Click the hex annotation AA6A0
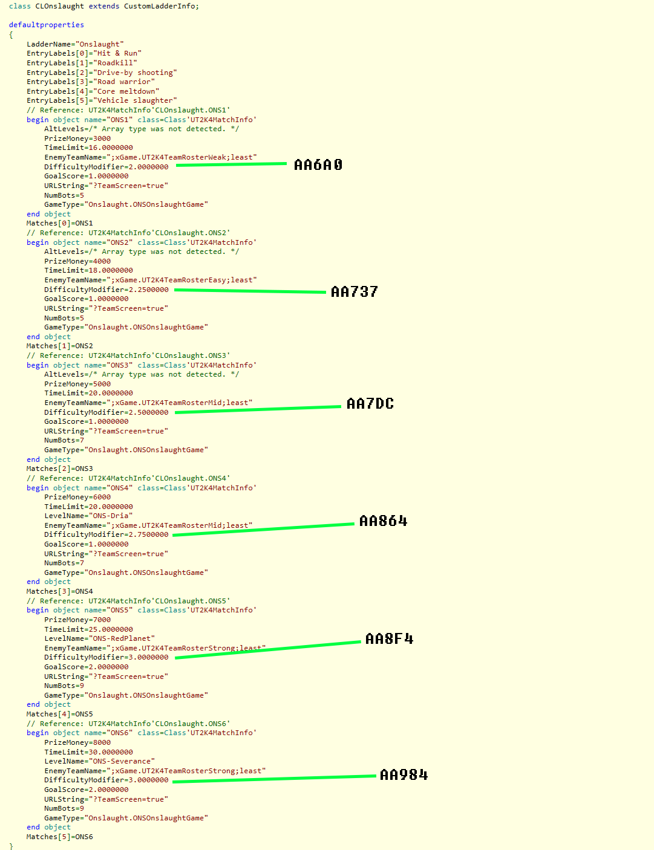[318, 164]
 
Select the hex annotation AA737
[354, 292]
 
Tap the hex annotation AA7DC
[370, 404]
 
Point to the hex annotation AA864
[383, 521]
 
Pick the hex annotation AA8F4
[389, 639]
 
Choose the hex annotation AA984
[404, 775]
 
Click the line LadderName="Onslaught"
[75, 44]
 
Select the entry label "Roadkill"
[117, 63]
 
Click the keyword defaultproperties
[47, 25]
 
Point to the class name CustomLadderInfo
[160, 6]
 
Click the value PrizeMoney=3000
[77, 138]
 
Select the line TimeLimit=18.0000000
[88, 270]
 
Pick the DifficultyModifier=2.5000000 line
[106, 412]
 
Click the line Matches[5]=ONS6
[60, 837]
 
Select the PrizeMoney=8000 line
[77, 742]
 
